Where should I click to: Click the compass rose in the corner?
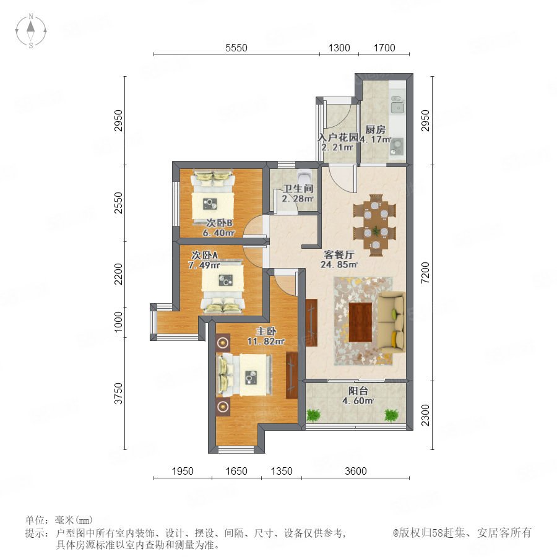(31, 30)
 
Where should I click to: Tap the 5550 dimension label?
(236, 48)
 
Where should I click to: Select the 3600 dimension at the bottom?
(356, 471)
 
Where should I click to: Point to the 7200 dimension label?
(425, 273)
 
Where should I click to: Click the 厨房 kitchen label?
(375, 129)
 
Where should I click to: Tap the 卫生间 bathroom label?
(298, 189)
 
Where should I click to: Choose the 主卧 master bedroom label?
(266, 331)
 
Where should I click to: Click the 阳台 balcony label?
(358, 391)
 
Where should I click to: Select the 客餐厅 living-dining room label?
(339, 254)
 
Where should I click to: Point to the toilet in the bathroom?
(304, 176)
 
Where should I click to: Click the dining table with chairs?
(375, 225)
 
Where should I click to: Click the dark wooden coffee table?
(360, 322)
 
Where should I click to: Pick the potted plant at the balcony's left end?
(313, 415)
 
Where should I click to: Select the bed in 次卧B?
(213, 197)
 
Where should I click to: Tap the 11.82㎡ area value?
(266, 342)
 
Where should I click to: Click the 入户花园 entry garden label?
(337, 137)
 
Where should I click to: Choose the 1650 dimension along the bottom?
(236, 471)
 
